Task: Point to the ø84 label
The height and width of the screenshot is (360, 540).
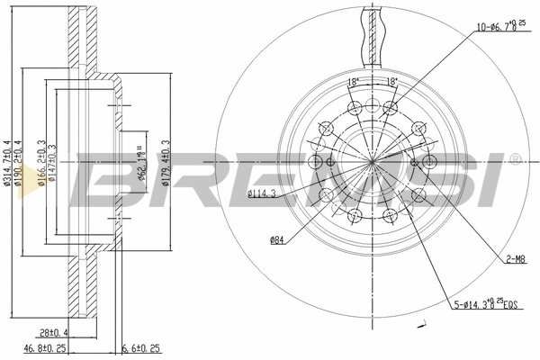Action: click(x=278, y=238)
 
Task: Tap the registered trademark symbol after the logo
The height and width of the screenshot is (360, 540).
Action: click(x=514, y=158)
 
